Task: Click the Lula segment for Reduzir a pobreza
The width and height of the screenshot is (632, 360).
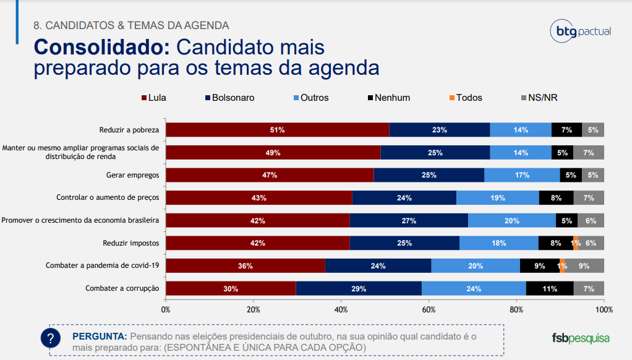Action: (278, 130)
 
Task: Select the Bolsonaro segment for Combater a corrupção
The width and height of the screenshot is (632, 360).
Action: (359, 288)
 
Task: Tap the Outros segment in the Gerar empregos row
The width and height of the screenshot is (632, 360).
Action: (522, 175)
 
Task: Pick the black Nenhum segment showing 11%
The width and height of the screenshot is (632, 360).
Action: (549, 288)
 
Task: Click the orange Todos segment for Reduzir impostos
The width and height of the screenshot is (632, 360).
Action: (576, 243)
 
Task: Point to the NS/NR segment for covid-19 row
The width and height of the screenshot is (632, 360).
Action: (584, 266)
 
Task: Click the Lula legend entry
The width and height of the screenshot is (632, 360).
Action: (154, 98)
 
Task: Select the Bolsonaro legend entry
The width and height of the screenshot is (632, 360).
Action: (229, 98)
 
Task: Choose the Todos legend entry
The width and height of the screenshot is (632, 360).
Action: (465, 98)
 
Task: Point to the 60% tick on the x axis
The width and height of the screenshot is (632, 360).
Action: (429, 309)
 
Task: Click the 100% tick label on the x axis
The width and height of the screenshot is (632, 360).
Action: (604, 309)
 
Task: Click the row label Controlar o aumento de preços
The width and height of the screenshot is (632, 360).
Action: (108, 198)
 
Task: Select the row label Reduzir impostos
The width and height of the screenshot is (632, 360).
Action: (130, 243)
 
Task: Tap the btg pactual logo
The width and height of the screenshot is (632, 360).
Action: (580, 31)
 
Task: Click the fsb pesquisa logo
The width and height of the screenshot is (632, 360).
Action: (581, 338)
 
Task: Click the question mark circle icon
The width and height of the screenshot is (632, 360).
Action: (51, 338)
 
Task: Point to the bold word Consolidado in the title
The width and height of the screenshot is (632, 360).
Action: (101, 47)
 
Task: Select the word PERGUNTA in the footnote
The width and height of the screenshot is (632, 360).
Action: (100, 336)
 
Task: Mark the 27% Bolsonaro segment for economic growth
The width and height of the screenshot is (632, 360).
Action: (408, 220)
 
